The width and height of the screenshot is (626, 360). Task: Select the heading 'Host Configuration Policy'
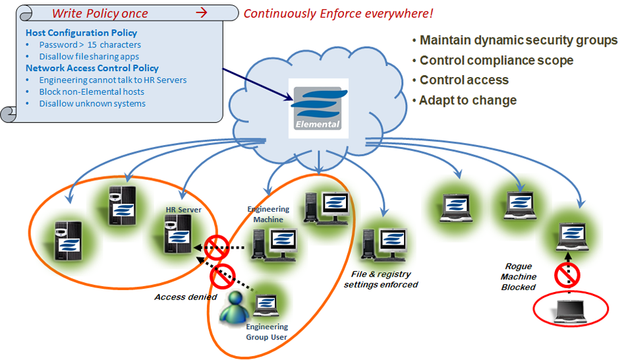coord(81,33)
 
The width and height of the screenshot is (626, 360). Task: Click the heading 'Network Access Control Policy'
coord(92,68)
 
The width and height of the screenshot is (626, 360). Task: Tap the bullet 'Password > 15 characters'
coord(90,45)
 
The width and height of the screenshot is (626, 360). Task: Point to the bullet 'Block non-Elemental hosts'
coord(92,92)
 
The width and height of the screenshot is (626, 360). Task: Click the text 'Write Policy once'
coord(100,13)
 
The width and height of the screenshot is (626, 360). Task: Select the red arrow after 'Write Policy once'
coord(202,13)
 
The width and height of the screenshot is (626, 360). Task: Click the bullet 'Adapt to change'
coord(468,100)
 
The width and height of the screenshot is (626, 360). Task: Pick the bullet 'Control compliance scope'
coord(496,61)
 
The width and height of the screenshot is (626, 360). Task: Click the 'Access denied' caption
coord(186,297)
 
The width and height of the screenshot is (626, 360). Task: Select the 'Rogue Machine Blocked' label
coord(519,277)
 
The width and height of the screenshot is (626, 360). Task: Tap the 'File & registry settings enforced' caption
coord(381,279)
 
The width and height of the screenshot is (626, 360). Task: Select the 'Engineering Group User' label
coord(266,332)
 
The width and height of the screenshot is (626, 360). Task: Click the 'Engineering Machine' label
coord(268,214)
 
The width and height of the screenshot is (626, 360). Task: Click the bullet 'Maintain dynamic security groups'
coord(518,40)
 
